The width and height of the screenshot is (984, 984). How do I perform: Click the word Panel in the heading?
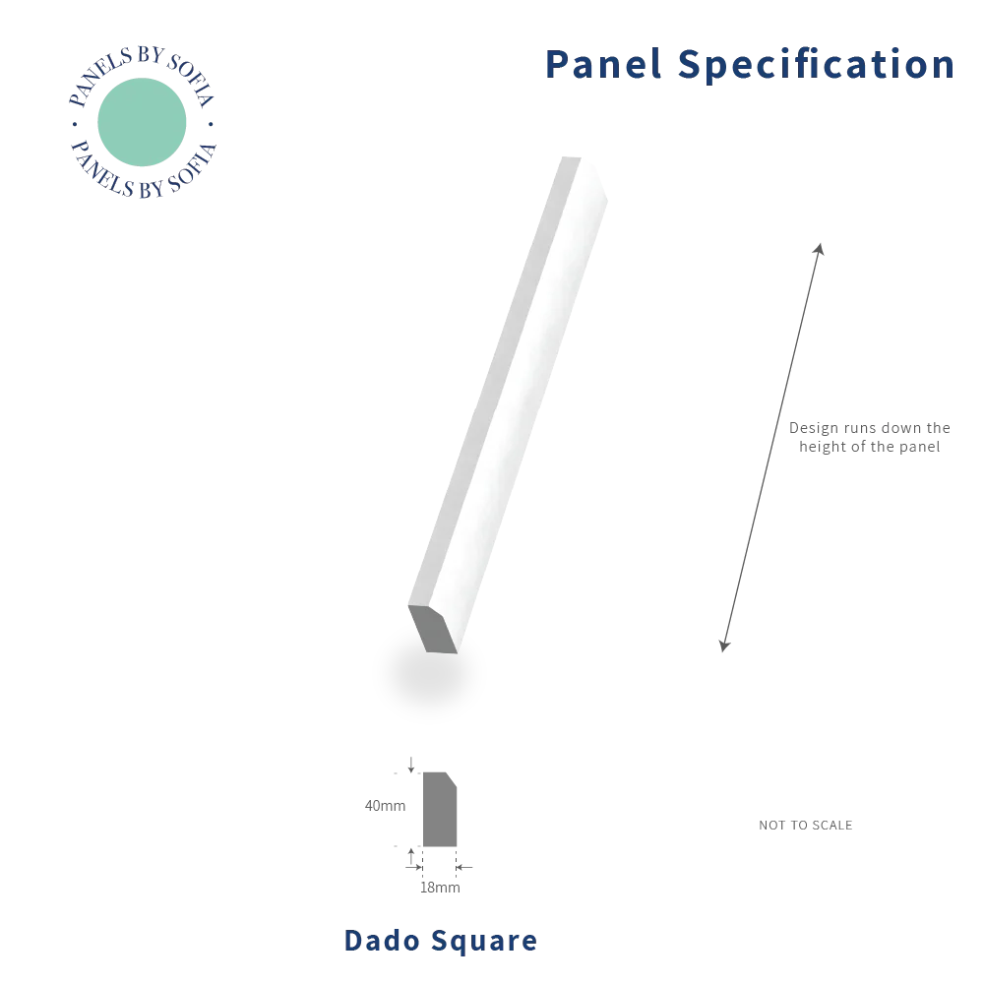pyautogui.click(x=604, y=64)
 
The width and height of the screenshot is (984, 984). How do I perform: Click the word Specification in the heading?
pyautogui.click(x=817, y=65)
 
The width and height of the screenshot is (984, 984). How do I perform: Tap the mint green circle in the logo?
pyautogui.click(x=142, y=122)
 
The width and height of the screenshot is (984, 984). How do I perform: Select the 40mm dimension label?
pyautogui.click(x=386, y=805)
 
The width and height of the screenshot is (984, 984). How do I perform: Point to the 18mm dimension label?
pyautogui.click(x=440, y=888)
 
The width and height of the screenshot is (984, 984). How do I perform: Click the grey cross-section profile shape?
pyautogui.click(x=439, y=810)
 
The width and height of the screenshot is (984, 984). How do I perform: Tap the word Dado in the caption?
pyautogui.click(x=382, y=941)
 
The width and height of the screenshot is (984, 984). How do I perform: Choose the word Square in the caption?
pyautogui.click(x=484, y=942)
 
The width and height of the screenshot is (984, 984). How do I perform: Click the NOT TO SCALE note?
pyautogui.click(x=806, y=826)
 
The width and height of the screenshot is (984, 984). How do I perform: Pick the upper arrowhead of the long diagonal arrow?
pyautogui.click(x=819, y=249)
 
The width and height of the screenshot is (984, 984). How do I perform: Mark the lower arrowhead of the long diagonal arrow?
pyautogui.click(x=725, y=646)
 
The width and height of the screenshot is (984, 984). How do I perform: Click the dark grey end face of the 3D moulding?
pyautogui.click(x=433, y=630)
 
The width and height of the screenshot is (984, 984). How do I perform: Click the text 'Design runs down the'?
pyautogui.click(x=870, y=428)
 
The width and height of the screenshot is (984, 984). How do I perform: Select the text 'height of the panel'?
pyautogui.click(x=870, y=447)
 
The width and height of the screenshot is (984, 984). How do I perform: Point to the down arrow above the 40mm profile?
pyautogui.click(x=411, y=765)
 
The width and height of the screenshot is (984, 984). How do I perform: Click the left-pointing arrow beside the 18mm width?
pyautogui.click(x=463, y=867)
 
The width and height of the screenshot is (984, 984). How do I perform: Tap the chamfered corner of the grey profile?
pyautogui.click(x=451, y=778)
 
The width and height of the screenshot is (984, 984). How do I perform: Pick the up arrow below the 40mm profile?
pyautogui.click(x=411, y=856)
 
